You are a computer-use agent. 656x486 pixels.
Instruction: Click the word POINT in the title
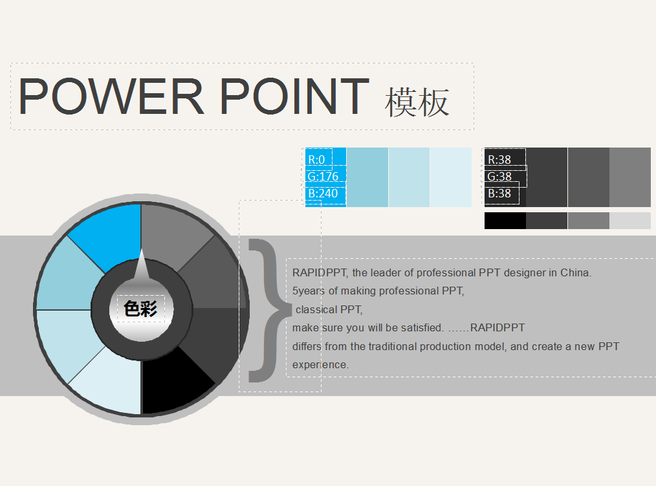tap(294, 96)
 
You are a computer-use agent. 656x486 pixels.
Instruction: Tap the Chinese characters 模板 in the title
tap(417, 102)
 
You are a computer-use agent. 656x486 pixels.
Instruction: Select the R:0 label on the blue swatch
tap(316, 159)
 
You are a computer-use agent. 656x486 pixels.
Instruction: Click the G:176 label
tap(323, 176)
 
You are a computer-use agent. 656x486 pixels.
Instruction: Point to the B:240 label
tap(323, 193)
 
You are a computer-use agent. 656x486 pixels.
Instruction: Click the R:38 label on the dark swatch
tap(499, 159)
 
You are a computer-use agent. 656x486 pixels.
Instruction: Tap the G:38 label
tap(499, 176)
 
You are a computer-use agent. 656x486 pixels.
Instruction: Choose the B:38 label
tap(499, 193)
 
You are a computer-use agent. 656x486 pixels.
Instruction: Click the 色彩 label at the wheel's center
tap(140, 309)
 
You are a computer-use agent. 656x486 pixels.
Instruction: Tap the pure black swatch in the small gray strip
tap(505, 221)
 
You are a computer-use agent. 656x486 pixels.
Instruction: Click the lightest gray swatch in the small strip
tap(630, 221)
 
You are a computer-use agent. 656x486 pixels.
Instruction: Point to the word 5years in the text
tap(309, 291)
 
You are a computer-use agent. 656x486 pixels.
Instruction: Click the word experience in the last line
tap(320, 365)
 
